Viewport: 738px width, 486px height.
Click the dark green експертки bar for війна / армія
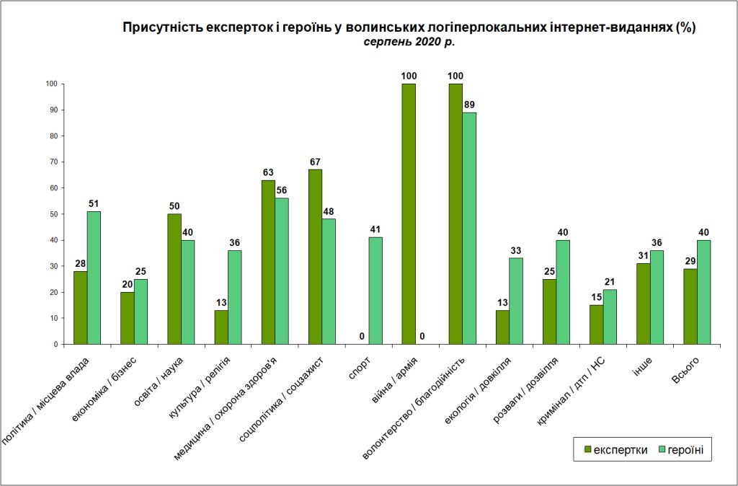coord(409,214)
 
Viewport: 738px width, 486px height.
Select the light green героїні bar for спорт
coord(375,291)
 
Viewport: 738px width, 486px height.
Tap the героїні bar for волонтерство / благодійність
coord(469,229)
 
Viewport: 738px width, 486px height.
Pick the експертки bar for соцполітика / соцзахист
coord(316,257)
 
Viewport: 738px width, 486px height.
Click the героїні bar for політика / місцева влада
coord(94,278)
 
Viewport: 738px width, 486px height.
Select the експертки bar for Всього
coord(690,306)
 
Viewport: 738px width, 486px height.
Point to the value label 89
coord(469,105)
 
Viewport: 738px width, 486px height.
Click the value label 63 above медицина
coord(268,173)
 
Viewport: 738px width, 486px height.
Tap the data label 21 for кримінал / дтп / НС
coord(610,282)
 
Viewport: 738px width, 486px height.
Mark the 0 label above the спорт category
coord(363,337)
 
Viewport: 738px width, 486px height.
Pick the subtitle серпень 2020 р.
coord(409,42)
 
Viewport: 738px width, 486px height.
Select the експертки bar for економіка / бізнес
coord(128,318)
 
